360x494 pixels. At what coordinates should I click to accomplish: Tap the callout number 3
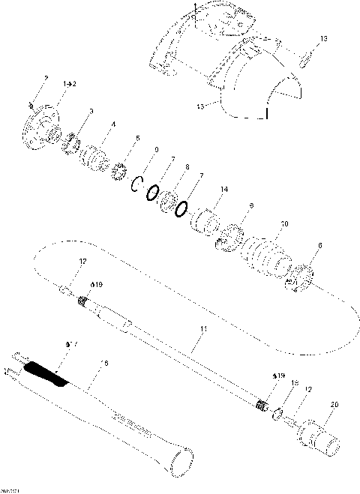[91, 111]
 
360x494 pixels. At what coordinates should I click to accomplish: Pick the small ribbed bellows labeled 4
[94, 157]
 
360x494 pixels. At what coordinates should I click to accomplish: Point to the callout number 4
[114, 126]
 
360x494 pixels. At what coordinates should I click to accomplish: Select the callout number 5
[137, 139]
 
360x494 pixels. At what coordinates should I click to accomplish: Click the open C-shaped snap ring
[137, 184]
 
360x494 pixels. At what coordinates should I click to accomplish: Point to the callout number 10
[283, 223]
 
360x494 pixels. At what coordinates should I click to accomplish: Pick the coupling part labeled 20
[321, 436]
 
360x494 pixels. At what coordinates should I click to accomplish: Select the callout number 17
[71, 344]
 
